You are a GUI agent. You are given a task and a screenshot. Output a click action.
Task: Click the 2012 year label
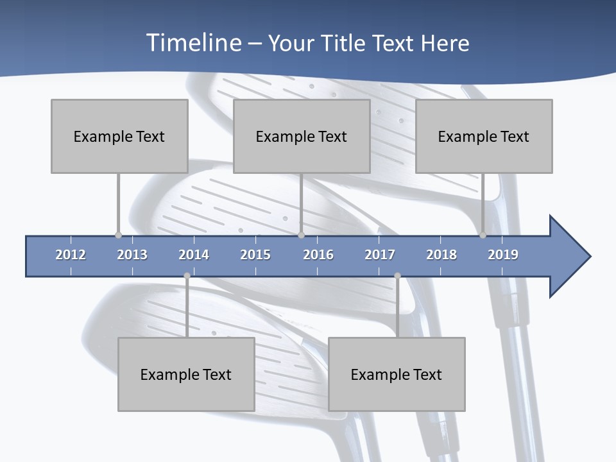pos(71,255)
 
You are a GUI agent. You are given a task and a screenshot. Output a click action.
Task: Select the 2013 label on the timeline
pos(132,255)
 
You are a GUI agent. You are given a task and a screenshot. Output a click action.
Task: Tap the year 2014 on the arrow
pos(194,255)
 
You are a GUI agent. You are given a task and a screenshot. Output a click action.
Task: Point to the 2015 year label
pos(255,255)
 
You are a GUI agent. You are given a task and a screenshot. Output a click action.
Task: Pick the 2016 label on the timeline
pos(318,255)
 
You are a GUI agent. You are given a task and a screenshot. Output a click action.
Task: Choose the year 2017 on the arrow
pos(380,255)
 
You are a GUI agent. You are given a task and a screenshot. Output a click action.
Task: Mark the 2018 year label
pos(441,255)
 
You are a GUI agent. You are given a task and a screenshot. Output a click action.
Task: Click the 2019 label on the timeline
pos(503,255)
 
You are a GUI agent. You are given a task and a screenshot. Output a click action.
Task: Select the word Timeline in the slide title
pos(192,43)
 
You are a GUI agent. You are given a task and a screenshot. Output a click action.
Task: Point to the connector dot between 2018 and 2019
pos(483,235)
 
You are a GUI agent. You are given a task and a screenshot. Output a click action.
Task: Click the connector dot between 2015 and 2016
pos(301,235)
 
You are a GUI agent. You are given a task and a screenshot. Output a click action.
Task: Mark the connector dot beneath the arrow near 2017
pos(397,276)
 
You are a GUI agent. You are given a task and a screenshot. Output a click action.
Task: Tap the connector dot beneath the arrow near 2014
pos(187,276)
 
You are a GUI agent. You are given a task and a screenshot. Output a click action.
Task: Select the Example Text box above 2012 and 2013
pos(119,136)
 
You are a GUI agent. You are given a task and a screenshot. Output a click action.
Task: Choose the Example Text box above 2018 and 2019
pos(484,136)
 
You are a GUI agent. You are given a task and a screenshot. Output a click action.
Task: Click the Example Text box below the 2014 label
pos(186,374)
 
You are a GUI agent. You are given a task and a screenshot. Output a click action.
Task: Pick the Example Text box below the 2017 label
pos(397,374)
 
